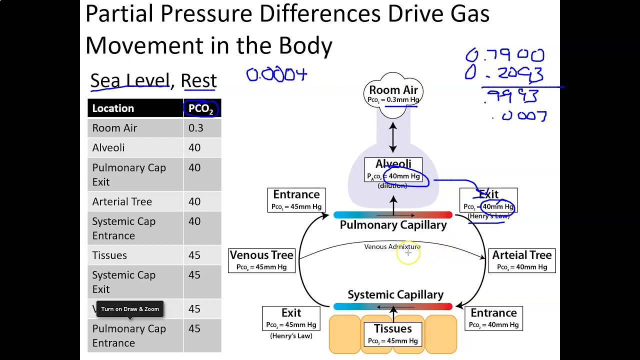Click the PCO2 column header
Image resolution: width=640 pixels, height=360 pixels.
(201, 108)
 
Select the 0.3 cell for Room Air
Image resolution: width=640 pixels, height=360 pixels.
(196, 128)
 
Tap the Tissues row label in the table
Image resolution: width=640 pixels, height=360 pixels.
(109, 255)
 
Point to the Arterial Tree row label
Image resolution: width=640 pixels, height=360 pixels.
(122, 201)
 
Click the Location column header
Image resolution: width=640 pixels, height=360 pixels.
(113, 108)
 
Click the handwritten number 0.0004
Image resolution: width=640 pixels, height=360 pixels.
(276, 75)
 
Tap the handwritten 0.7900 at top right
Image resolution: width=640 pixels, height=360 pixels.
(504, 55)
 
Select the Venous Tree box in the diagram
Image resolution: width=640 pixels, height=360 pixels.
(261, 260)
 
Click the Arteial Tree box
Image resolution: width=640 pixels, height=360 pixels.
(521, 260)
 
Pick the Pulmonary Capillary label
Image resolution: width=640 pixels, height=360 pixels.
(393, 225)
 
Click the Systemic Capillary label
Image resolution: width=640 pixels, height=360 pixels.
(395, 294)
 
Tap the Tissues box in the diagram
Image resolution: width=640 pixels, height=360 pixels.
(393, 334)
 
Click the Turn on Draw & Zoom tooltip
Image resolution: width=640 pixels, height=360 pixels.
(130, 309)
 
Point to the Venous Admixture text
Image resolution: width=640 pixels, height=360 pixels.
(392, 246)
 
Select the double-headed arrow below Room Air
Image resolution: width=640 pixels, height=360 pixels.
(393, 137)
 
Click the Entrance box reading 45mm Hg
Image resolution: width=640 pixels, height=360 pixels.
(296, 200)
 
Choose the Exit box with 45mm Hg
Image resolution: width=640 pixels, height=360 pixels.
(291, 318)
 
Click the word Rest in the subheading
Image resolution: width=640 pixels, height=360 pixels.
(198, 80)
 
